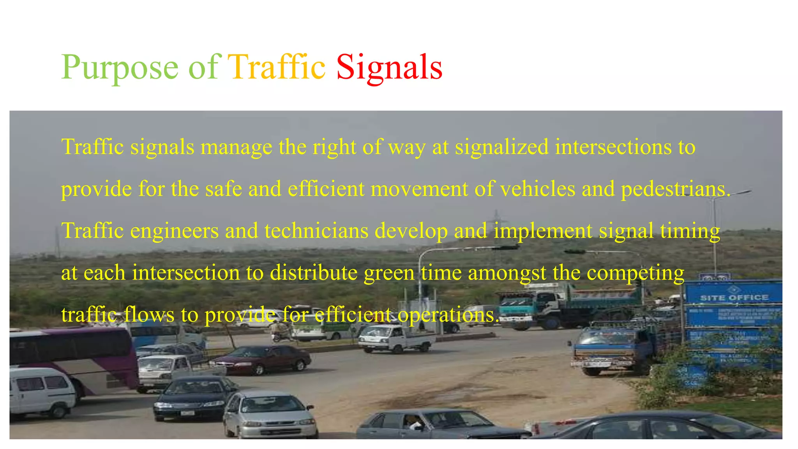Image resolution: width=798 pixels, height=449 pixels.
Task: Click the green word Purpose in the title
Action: [120, 67]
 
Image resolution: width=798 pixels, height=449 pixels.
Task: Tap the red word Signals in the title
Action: [389, 67]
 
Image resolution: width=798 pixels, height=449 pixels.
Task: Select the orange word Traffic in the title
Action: [277, 67]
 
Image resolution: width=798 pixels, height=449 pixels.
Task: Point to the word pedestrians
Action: [675, 189]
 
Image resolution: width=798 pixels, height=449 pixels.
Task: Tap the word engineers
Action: [174, 231]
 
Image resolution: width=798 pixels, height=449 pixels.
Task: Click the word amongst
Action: [507, 273]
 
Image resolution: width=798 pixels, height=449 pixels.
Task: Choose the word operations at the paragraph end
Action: [447, 315]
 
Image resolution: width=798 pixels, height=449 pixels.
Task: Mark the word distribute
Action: [314, 273]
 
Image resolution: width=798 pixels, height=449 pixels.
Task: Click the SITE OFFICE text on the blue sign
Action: [734, 298]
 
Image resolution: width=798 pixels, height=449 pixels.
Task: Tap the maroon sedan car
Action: [265, 359]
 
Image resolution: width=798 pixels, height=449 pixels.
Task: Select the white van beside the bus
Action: [41, 392]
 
